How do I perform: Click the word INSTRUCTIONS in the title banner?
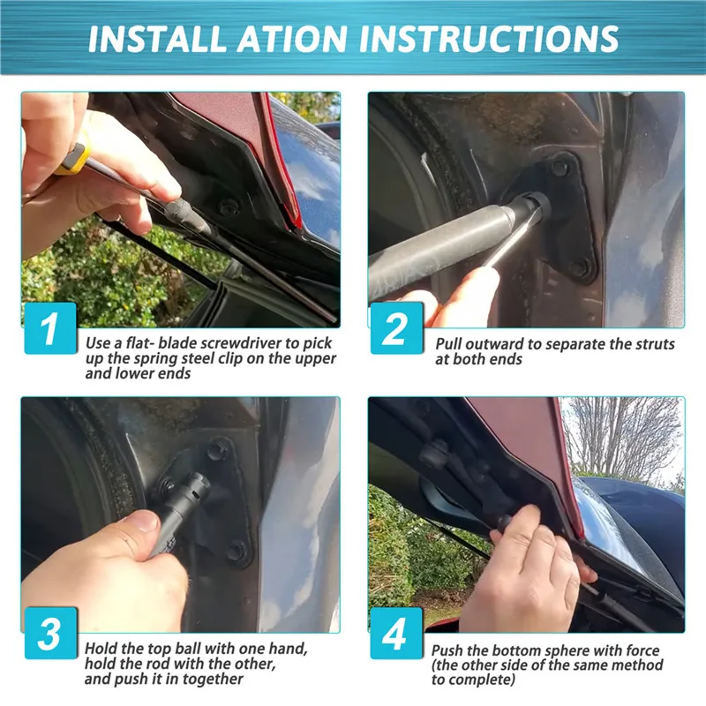point(489,39)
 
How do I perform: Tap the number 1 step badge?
point(50,327)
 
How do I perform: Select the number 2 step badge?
point(396,327)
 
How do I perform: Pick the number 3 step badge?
point(50,633)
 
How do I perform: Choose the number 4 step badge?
point(396,633)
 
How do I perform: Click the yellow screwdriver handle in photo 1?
point(72,159)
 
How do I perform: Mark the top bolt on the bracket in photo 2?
point(560,168)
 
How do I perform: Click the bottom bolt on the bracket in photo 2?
point(578,269)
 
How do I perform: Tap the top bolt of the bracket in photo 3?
point(216,452)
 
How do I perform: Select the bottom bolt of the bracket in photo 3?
point(236,552)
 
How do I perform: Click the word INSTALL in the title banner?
point(158,39)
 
